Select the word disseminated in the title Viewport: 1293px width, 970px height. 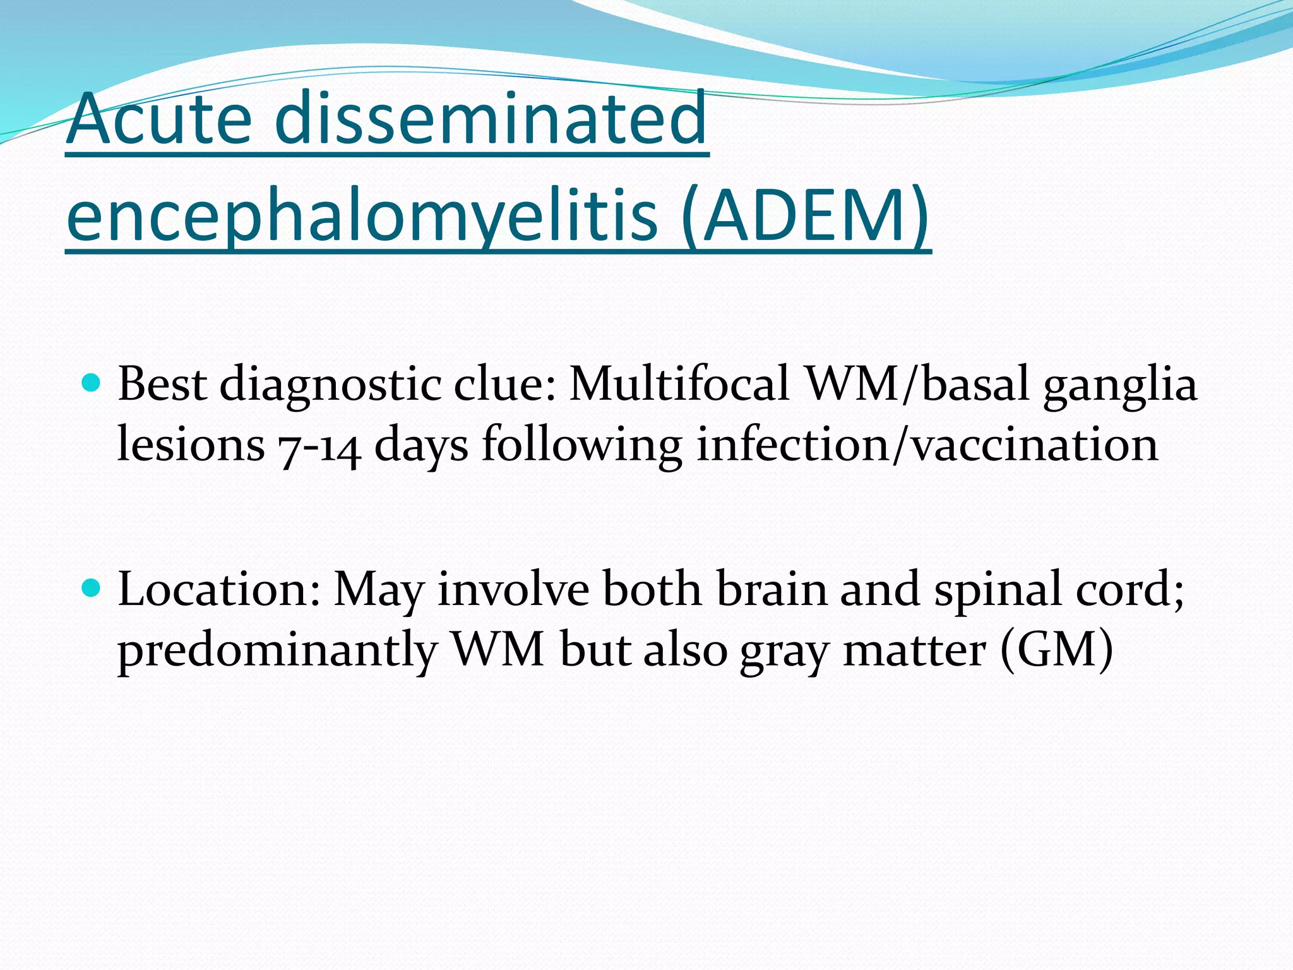[x=491, y=119]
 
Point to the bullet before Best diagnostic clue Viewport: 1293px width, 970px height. [x=92, y=383]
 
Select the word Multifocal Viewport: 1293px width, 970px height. [x=679, y=384]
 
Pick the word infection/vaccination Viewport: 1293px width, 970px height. [x=927, y=445]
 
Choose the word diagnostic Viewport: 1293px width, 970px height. [x=330, y=385]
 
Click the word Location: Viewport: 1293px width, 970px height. [x=219, y=589]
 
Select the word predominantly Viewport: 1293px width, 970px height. [x=277, y=650]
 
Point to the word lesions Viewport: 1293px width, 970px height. [x=191, y=445]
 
